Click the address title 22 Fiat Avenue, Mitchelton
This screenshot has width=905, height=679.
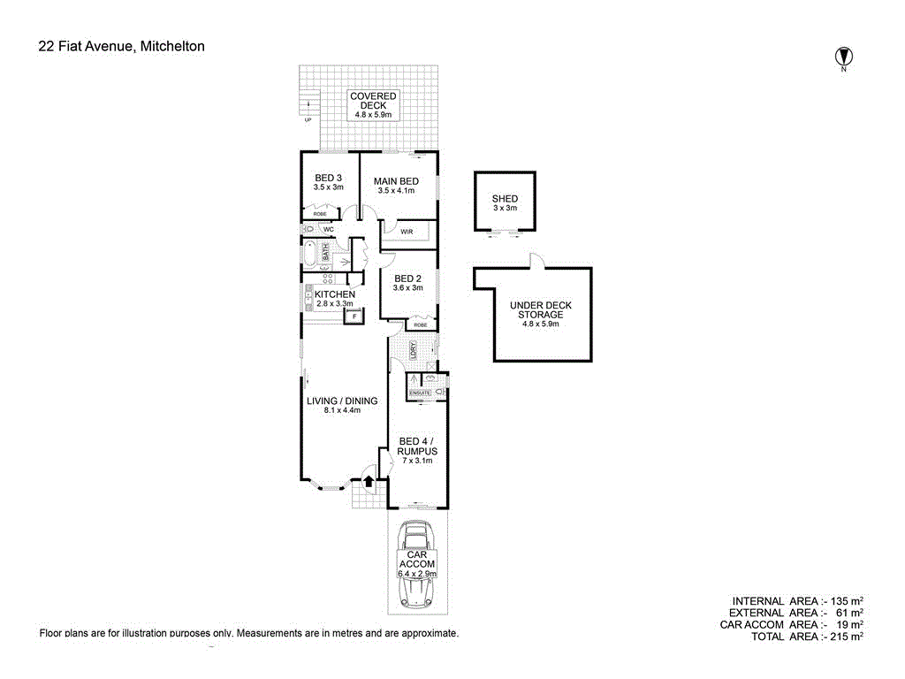pyautogui.click(x=121, y=46)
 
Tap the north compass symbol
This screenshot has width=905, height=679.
pyautogui.click(x=844, y=57)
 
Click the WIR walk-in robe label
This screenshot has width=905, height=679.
pyautogui.click(x=407, y=232)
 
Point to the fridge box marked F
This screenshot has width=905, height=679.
pyautogui.click(x=354, y=316)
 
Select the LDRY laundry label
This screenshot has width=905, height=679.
pyautogui.click(x=413, y=350)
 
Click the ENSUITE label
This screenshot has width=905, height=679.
pyautogui.click(x=420, y=392)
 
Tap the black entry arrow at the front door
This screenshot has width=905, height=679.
pyautogui.click(x=369, y=481)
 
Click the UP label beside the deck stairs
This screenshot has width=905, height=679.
pyautogui.click(x=308, y=120)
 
